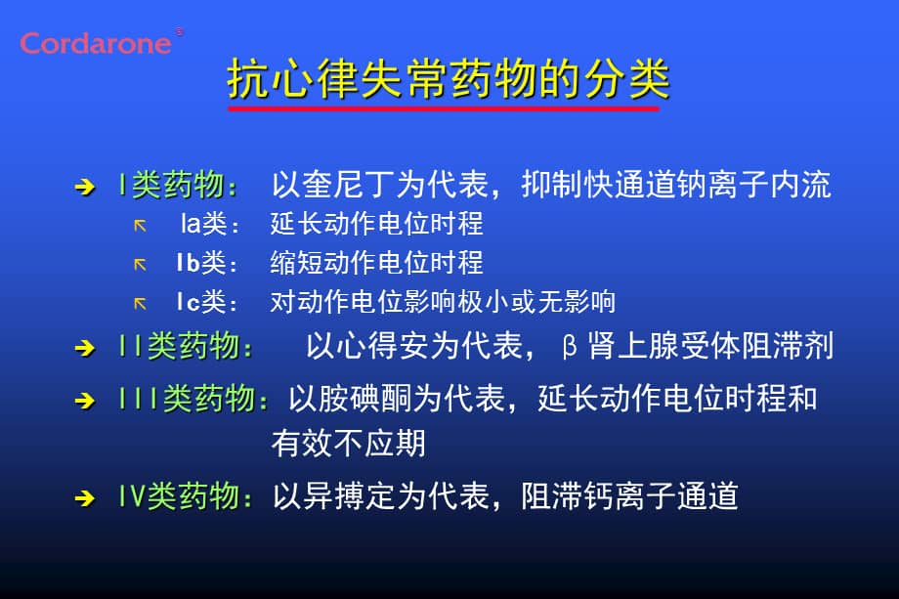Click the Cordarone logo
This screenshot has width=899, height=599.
(97, 43)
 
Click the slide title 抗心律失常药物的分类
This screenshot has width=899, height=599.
(449, 78)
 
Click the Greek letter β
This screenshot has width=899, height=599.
(572, 347)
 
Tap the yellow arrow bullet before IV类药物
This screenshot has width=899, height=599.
(85, 498)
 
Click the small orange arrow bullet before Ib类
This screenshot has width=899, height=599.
(140, 264)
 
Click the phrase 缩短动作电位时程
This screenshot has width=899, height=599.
(376, 263)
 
